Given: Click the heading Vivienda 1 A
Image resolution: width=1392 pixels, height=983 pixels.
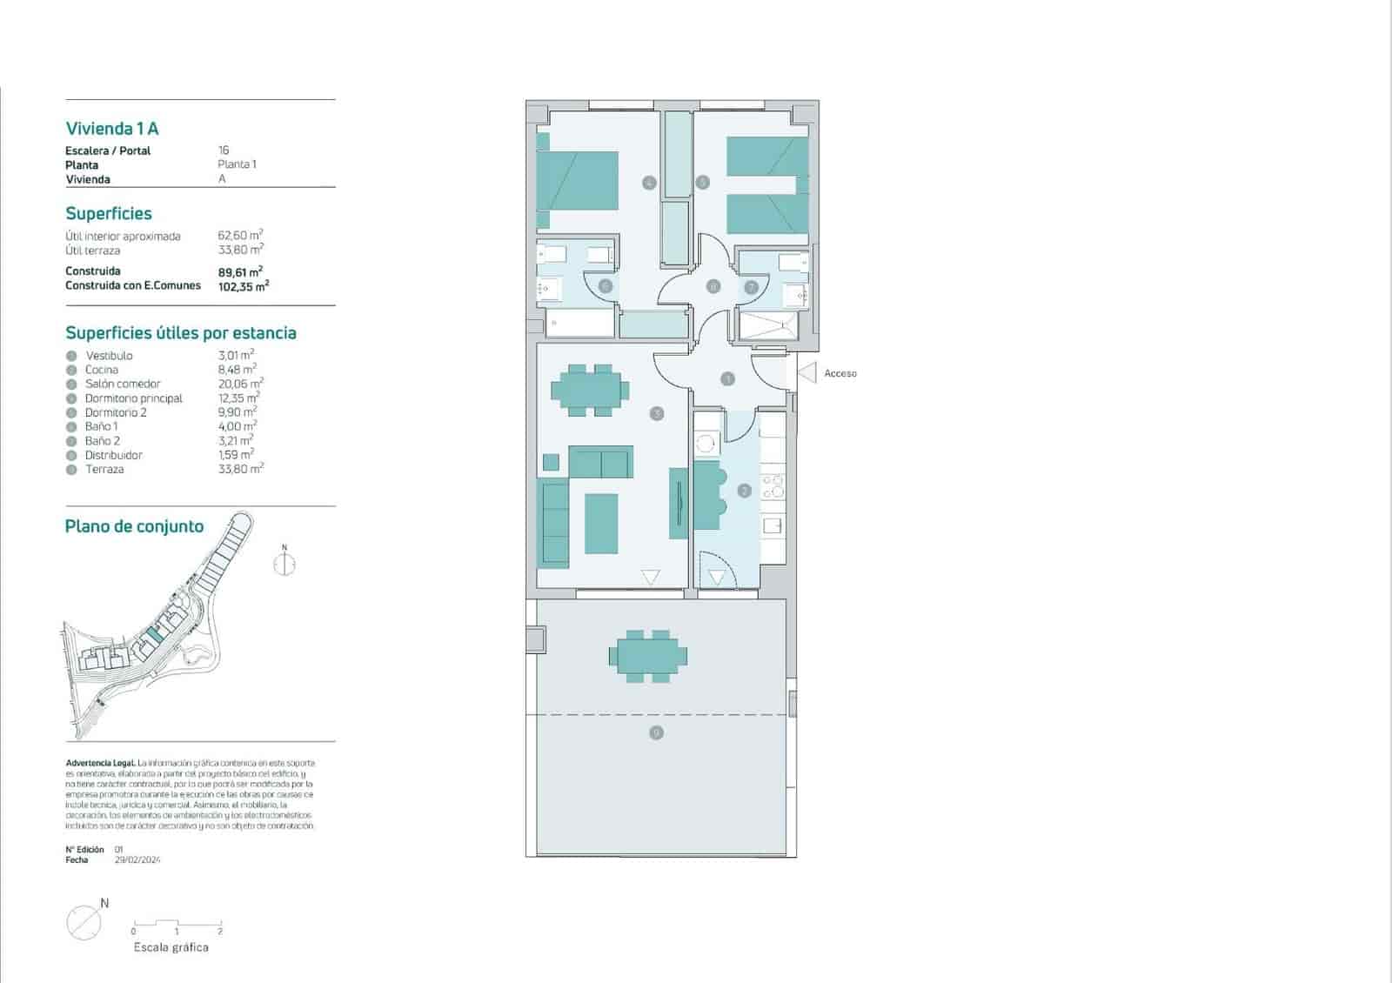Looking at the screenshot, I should tap(112, 129).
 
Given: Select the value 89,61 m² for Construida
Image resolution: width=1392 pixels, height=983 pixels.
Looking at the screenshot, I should tap(240, 271).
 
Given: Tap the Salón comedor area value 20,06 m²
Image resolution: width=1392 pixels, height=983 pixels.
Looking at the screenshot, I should tap(240, 384).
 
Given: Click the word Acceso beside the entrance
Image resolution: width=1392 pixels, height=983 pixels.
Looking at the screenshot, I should tap(840, 373).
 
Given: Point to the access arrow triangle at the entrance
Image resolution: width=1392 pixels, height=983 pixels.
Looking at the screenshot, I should tap(807, 373).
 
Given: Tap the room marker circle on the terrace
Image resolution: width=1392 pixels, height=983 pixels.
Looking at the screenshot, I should tap(656, 732).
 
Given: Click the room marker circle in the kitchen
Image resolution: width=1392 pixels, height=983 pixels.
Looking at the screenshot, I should tap(744, 491).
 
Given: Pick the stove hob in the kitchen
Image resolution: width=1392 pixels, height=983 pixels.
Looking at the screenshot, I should tap(773, 486).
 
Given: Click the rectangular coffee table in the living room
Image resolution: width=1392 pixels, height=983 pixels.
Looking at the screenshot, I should tap(601, 524).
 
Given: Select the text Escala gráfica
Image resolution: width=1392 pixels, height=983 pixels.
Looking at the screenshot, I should tap(171, 947).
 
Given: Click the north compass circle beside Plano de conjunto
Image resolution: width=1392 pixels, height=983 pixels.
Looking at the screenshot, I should tap(284, 564).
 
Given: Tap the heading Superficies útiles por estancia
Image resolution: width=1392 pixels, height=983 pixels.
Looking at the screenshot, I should tap(181, 333).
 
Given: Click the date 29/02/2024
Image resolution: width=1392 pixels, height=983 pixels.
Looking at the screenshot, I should tap(137, 860).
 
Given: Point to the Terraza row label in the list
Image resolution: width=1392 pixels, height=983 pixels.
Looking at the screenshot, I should tap(104, 469).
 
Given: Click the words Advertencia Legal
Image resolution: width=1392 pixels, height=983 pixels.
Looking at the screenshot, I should tap(100, 763).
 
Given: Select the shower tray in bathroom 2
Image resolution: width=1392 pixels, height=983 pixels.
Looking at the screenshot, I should tap(768, 325).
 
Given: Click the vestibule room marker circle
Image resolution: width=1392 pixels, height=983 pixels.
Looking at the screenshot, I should tap(727, 378).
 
